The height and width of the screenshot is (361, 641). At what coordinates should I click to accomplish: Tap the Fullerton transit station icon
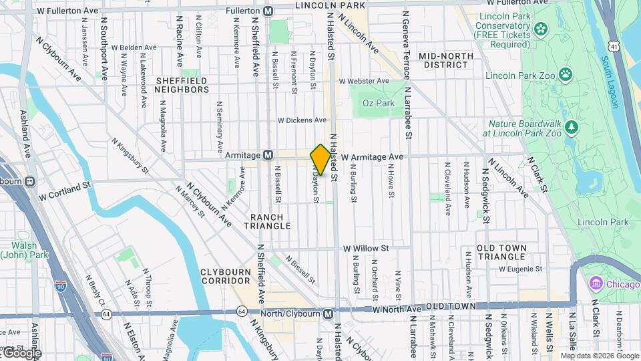click(268, 11)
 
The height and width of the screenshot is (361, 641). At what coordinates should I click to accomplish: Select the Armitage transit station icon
click(268, 155)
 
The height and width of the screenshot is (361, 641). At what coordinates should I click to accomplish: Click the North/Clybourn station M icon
click(328, 313)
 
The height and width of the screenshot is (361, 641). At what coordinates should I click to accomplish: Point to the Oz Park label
click(378, 103)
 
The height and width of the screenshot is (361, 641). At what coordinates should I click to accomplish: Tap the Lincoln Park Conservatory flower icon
click(540, 28)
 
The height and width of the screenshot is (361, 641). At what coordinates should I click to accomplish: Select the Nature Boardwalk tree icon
click(571, 126)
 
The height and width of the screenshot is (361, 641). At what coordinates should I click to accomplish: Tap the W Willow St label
click(366, 248)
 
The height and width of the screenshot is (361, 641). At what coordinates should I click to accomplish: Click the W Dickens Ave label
click(302, 120)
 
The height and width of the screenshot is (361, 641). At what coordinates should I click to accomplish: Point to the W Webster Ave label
click(364, 81)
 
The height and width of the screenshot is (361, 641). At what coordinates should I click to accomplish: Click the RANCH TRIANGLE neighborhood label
click(271, 221)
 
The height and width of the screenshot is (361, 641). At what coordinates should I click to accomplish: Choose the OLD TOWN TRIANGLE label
click(503, 252)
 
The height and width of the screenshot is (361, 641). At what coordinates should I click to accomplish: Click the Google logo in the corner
click(21, 352)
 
